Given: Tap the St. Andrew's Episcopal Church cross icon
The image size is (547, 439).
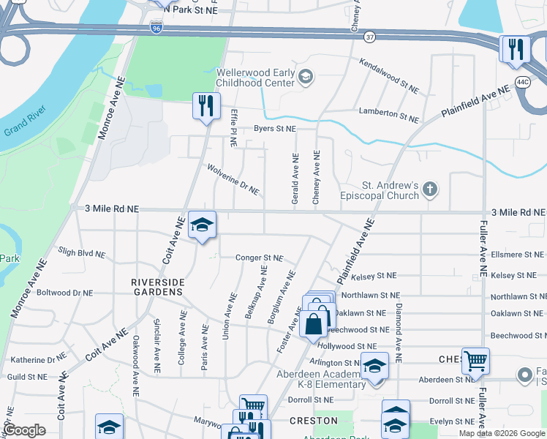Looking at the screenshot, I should click(430, 190).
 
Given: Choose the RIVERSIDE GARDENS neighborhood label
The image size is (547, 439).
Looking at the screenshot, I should click(156, 287).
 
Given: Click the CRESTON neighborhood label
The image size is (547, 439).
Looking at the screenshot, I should click(312, 421).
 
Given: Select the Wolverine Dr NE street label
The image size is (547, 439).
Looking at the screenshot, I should click(232, 179).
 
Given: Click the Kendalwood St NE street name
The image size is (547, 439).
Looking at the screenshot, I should click(388, 76).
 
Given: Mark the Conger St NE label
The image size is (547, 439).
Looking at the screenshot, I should click(259, 258).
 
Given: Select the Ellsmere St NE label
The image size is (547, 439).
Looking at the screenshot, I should click(516, 256).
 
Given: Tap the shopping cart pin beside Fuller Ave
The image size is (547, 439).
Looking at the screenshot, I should click(475, 361).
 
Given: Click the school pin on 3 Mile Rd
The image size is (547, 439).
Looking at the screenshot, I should click(202, 225).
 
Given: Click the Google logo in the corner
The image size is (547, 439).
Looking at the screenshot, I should click(25, 431).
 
